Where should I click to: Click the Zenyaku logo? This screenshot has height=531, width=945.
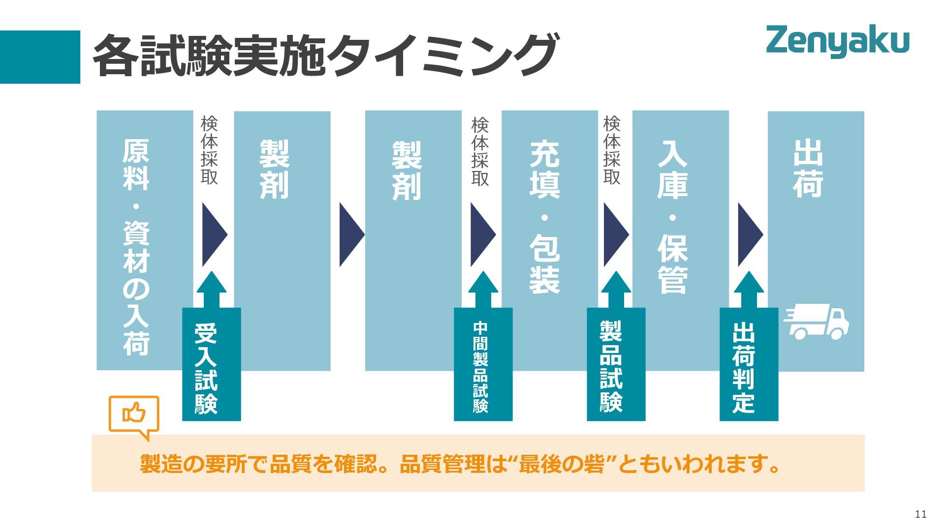coord(837,41)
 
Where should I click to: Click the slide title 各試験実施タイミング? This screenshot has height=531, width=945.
coord(325,55)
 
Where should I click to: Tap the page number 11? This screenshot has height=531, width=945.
coord(920,514)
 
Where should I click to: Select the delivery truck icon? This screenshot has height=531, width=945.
coord(817,322)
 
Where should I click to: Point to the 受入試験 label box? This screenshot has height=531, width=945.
coord(211,364)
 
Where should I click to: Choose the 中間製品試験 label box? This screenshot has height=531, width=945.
coord(483,364)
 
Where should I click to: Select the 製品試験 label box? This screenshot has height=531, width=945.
coord(616,364)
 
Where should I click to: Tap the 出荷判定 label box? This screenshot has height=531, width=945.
coord(749,364)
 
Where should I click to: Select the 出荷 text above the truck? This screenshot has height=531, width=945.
coord(808,168)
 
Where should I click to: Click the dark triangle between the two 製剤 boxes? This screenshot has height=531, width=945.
coord(351,235)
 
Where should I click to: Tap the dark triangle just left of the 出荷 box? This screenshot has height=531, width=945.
coord(749,235)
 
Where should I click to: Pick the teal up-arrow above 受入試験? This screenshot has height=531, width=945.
coord(212,290)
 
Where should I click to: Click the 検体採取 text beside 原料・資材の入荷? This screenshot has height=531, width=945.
coord(209,150)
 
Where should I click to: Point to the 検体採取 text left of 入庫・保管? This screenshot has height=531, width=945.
coord(612,150)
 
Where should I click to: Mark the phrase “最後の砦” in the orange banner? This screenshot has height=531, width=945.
coord(561,463)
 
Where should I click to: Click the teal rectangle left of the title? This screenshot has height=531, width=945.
coord(40,57)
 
